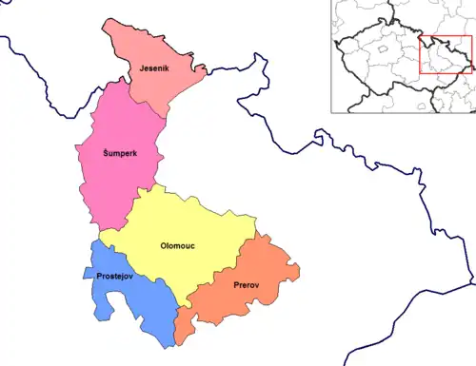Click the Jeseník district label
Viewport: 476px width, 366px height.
click(x=154, y=69)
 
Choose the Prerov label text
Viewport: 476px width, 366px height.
click(x=248, y=283)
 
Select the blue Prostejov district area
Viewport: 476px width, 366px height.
click(x=133, y=295)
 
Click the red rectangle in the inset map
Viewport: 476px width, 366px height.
click(x=446, y=54)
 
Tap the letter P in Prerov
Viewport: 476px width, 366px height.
click(x=234, y=283)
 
